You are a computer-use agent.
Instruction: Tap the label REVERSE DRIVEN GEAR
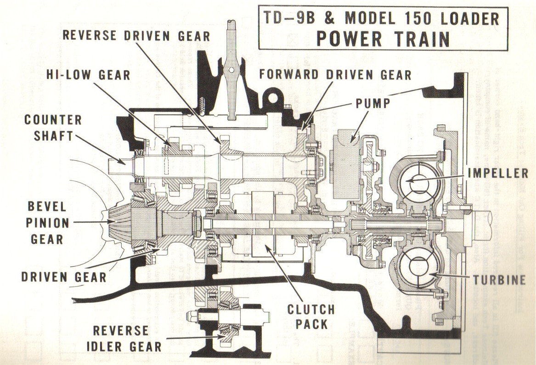click(x=136, y=36)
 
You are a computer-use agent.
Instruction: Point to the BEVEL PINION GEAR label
click(x=47, y=223)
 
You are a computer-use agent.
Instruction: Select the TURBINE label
click(x=498, y=280)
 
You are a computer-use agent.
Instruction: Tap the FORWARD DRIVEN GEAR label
click(x=335, y=74)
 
